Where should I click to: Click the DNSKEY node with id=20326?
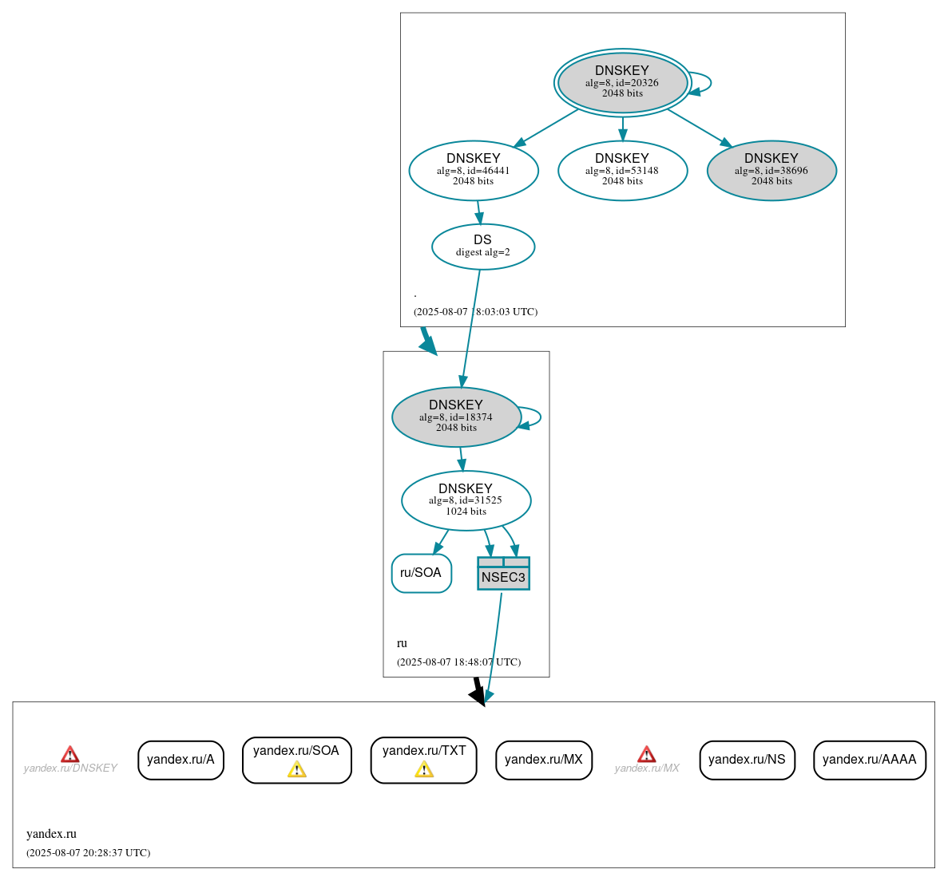point(622,83)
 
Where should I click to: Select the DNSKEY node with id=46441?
point(474,170)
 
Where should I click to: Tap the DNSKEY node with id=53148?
point(622,170)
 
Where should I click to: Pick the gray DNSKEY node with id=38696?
point(771,170)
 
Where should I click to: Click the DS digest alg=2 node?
point(482,247)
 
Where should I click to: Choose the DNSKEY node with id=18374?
point(456,417)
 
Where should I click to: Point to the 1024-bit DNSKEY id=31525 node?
point(466,500)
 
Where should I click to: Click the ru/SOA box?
point(421,573)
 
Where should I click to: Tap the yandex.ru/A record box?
point(180,760)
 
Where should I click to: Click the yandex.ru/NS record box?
point(747,760)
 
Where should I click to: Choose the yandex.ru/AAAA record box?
point(869,760)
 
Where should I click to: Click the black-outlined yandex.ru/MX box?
point(543,760)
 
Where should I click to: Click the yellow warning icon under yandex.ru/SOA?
point(296,769)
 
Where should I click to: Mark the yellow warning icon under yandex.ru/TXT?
point(423,769)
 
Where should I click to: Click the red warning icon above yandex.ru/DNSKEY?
point(70,754)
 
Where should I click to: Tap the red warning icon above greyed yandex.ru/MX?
point(646,754)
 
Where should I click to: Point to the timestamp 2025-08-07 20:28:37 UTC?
point(88,853)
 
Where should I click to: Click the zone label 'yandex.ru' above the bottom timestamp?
point(51,834)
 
